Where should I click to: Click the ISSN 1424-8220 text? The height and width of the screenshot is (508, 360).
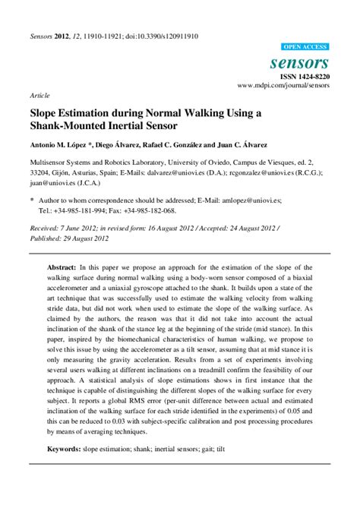(x=306, y=77)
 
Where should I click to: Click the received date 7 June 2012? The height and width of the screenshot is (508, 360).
(x=87, y=226)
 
